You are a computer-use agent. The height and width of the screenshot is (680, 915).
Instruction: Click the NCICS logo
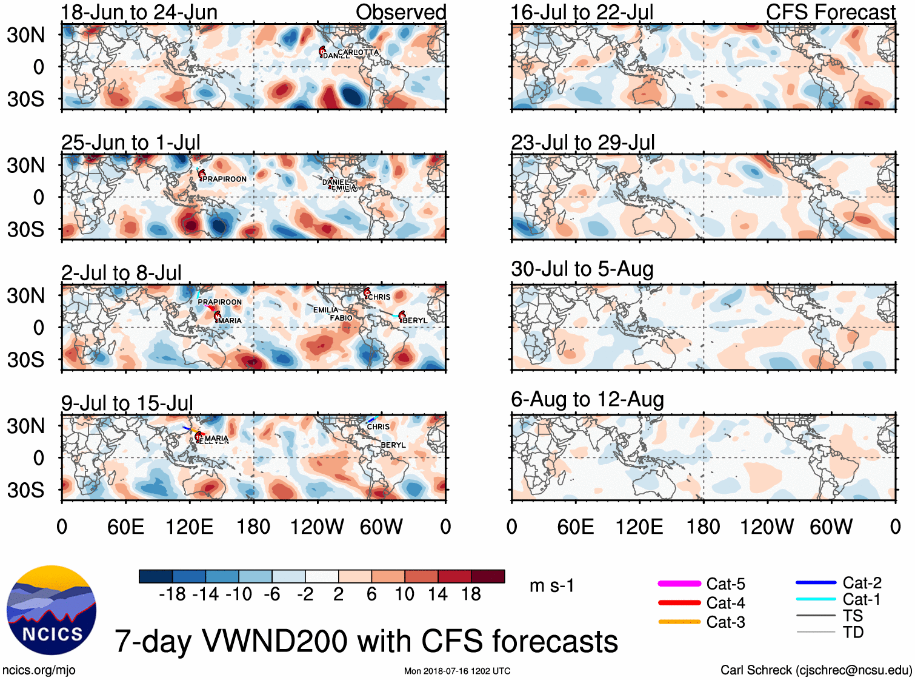(x=52, y=610)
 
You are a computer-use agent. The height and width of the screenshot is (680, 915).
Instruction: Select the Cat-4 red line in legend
(x=679, y=603)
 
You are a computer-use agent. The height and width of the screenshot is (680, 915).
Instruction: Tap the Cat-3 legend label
(x=725, y=622)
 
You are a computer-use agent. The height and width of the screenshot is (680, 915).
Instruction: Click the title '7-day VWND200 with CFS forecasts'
(x=366, y=641)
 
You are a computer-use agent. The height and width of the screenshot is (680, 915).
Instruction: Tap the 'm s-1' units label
(x=551, y=585)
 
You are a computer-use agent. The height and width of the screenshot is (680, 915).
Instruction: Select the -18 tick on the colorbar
(x=172, y=594)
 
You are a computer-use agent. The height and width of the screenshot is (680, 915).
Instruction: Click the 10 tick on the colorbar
(x=404, y=594)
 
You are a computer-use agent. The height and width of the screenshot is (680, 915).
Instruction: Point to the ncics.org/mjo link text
(x=39, y=670)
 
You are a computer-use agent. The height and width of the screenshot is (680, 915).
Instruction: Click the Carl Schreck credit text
(x=816, y=670)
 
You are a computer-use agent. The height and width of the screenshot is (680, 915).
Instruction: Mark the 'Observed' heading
(x=401, y=12)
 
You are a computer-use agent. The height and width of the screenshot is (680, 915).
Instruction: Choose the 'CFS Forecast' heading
(x=830, y=12)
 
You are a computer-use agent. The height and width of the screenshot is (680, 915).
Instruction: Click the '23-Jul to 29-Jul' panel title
(x=583, y=143)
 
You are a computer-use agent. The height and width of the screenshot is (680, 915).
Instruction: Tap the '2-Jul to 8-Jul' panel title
(x=121, y=273)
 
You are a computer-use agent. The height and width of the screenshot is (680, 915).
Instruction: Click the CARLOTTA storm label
(x=358, y=52)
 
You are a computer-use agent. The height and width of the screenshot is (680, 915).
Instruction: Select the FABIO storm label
(x=341, y=318)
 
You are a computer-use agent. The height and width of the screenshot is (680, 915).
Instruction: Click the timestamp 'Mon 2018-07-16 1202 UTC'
(x=457, y=671)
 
